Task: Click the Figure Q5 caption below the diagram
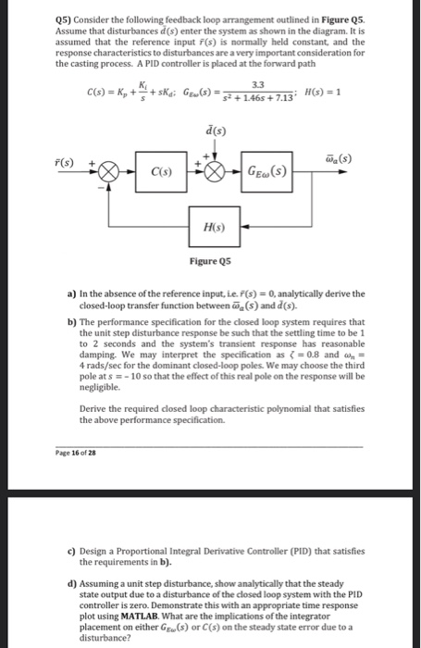(x=209, y=261)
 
